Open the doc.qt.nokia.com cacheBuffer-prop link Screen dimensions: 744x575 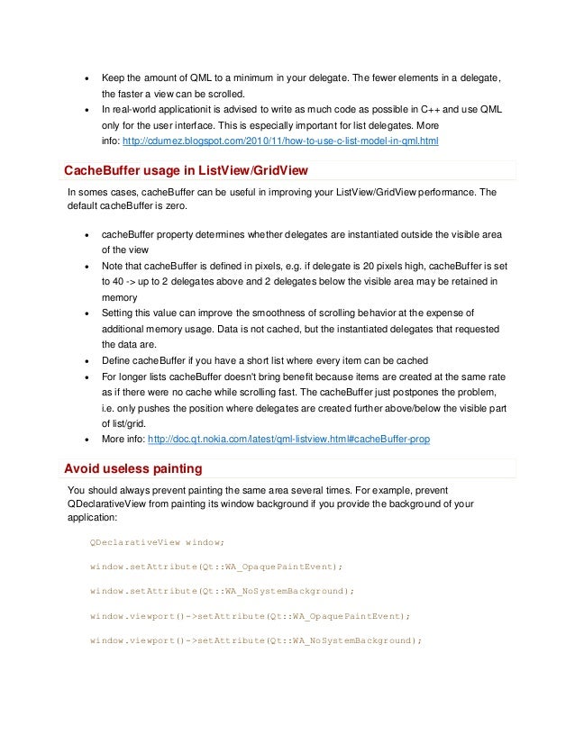click(x=287, y=440)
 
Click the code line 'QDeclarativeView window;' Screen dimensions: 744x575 click(x=157, y=542)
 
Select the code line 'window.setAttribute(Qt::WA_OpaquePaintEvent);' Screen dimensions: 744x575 click(x=216, y=567)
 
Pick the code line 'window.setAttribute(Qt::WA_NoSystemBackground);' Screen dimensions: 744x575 click(x=222, y=591)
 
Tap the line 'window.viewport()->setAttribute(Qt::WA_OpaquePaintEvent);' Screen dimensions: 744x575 click(x=250, y=616)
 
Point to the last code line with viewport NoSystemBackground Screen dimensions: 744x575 click(x=255, y=640)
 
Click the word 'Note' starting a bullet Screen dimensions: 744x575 click(x=114, y=267)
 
